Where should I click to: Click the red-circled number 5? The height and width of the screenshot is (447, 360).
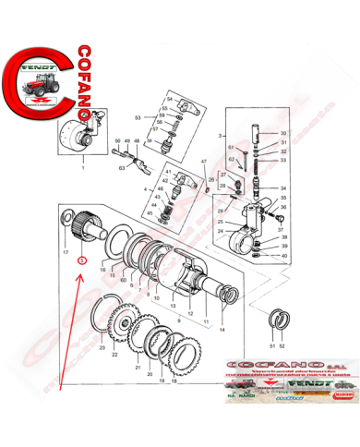82,260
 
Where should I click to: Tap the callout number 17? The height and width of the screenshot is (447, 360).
65,252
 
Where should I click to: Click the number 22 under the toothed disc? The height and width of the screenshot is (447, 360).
114,354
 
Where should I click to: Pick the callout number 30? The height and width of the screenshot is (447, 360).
283,134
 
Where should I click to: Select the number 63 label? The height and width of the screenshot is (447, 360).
122,169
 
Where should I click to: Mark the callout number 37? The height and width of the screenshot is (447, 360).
282,229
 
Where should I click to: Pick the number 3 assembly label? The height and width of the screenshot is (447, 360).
220,135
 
